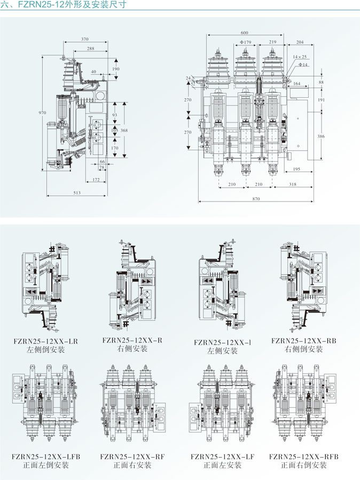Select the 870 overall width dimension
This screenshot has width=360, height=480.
coord(256,198)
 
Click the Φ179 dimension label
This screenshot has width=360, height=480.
coord(246,42)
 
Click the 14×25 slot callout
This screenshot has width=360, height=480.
coord(300,57)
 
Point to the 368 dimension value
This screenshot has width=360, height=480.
coord(124,130)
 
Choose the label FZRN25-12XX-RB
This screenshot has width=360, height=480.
coord(303,340)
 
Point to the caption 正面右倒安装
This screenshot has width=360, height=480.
coord(303,465)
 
